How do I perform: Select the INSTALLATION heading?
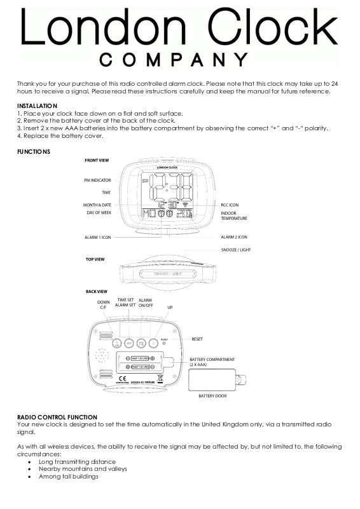37,105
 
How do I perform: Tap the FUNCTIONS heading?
34,151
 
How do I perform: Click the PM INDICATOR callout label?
97,180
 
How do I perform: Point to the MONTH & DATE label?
97,205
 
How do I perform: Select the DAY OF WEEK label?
99,213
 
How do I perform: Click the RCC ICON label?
230,205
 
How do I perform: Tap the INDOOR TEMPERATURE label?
233,215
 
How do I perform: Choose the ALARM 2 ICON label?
234,237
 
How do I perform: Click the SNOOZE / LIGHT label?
236,250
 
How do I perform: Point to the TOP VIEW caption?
95,259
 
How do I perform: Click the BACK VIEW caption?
96,291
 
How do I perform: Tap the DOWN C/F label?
103,305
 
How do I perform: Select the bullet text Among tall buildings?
68,477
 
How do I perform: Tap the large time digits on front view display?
169,188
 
